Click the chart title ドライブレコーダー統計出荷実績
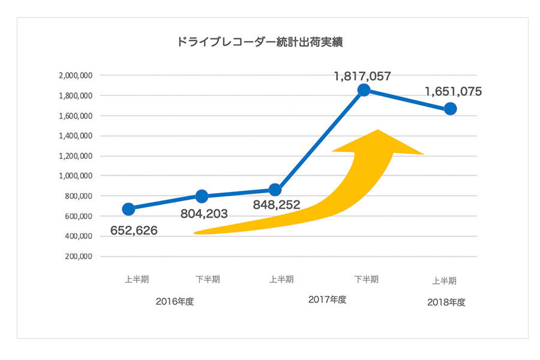coord(260,43)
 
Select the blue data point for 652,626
coord(128,209)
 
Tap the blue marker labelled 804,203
coord(202,196)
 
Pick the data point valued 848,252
coord(275,190)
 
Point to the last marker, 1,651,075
coord(450,109)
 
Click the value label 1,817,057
coord(362,76)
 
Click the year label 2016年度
coord(175,301)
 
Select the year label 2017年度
coord(327,299)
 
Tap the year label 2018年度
coord(446,302)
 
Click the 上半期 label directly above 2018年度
coord(445,280)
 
